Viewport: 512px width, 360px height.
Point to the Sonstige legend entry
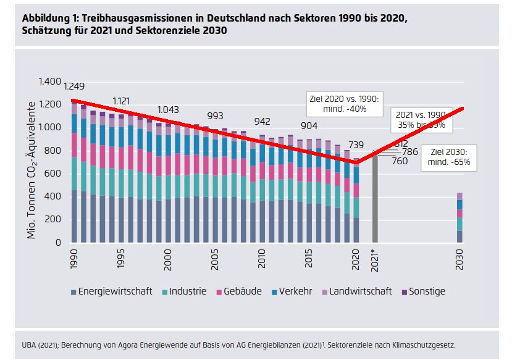coord(422,291)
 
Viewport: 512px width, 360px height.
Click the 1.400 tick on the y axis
coord(49,82)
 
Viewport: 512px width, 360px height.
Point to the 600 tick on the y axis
coord(53,174)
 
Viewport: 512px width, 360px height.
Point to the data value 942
coord(263,121)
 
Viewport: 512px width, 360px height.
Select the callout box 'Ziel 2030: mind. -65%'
coord(449,157)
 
